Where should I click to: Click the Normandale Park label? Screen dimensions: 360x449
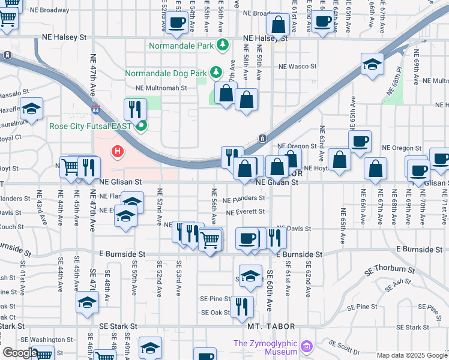(182, 45)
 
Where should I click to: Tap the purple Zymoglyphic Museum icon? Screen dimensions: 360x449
(307, 346)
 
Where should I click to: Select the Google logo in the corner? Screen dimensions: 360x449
(19, 353)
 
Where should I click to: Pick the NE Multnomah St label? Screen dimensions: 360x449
(161, 88)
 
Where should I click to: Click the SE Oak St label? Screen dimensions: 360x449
(215, 313)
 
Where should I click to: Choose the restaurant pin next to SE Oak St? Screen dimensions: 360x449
(241, 306)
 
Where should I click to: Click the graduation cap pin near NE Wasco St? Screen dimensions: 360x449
(372, 64)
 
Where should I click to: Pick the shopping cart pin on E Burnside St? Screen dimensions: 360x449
(209, 240)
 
